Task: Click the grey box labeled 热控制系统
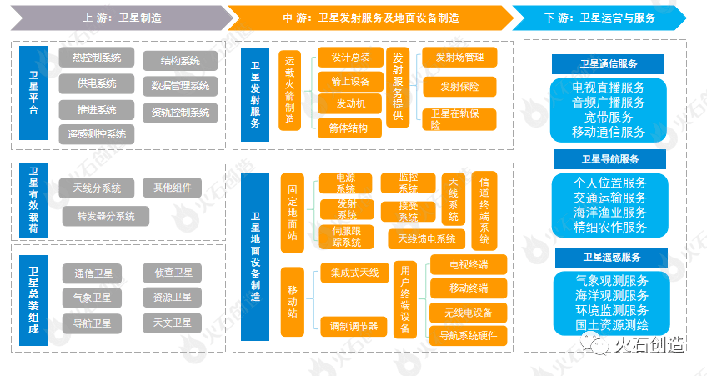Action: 96,58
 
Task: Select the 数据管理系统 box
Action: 180,85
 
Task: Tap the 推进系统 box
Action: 96,109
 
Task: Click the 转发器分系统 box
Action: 105,216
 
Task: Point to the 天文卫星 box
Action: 173,322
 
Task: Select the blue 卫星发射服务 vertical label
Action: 254,93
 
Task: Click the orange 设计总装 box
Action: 349,58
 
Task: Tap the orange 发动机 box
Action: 349,104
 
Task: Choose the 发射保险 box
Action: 459,87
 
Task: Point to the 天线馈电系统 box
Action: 427,239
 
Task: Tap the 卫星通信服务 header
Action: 609,64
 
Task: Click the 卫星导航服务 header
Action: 609,159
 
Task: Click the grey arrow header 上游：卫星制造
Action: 117,17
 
